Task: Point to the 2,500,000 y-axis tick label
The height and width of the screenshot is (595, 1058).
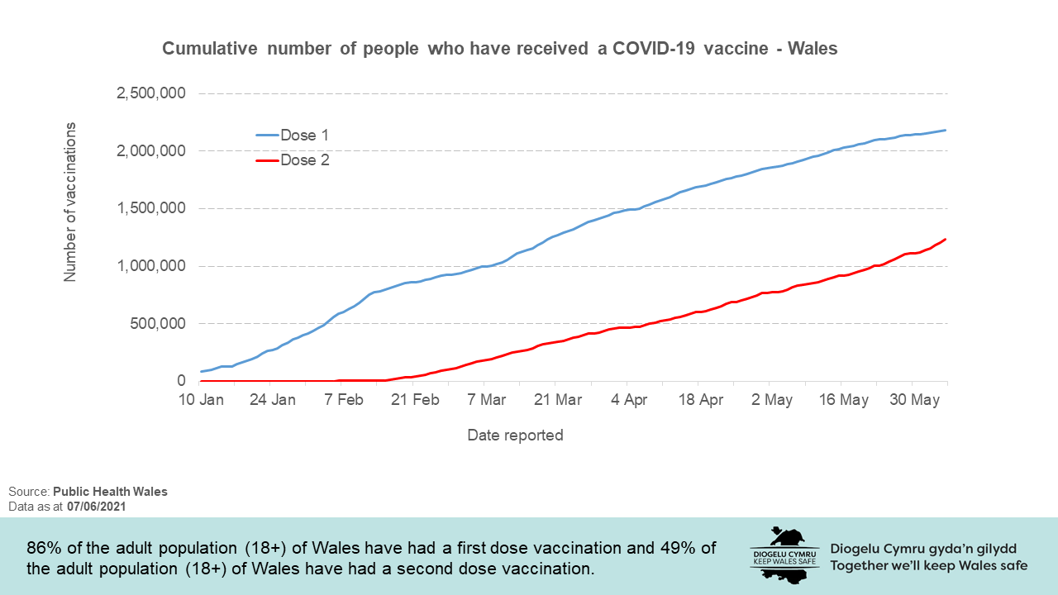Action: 150,93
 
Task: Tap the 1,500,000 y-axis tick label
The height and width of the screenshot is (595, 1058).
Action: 150,208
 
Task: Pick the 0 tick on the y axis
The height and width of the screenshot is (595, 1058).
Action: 180,381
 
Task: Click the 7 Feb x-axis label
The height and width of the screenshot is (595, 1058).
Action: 344,400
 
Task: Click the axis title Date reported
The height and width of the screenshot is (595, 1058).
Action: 515,435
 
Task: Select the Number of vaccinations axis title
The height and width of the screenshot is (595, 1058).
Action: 70,202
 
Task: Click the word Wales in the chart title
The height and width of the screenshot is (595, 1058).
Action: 813,49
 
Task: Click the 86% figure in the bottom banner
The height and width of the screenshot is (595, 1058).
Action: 44,549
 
